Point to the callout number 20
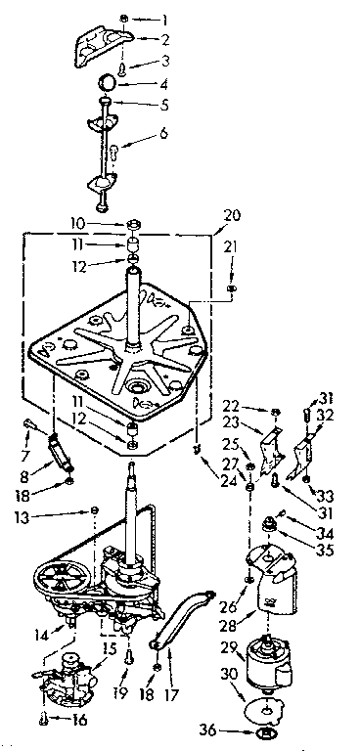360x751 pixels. click(x=231, y=214)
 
